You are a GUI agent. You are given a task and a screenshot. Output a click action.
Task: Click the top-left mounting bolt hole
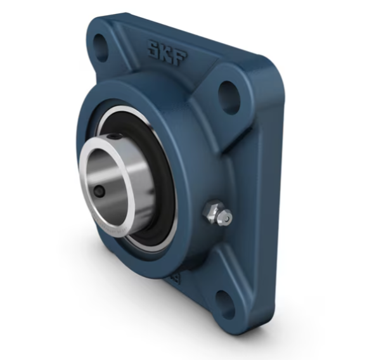pos(100,45)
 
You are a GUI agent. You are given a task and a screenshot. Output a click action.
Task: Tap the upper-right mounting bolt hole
pos(229,96)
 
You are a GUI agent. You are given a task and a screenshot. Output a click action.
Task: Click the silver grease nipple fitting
pos(217,214)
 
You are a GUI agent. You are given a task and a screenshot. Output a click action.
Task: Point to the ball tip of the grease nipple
pos(224,219)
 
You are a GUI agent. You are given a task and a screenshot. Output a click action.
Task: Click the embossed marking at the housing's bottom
pos(172,278)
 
